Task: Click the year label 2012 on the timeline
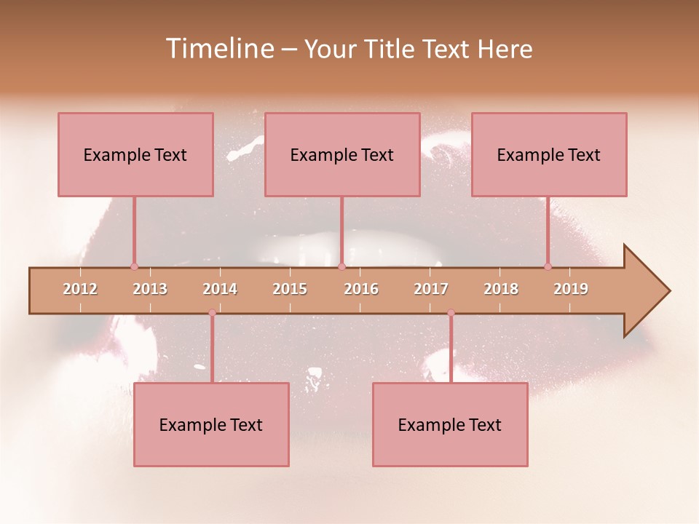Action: [x=80, y=289]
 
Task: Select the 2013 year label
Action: [x=150, y=289]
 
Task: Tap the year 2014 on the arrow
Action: [x=220, y=289]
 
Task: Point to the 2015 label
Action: [x=290, y=289]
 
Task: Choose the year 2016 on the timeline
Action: [x=361, y=289]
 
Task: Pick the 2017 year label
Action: [x=431, y=289]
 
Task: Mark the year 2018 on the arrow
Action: [x=501, y=289]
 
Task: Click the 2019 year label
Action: [x=571, y=289]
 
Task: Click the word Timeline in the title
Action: [x=219, y=49]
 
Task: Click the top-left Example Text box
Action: [x=135, y=154]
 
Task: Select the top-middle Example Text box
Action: [x=342, y=154]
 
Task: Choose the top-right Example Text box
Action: [x=549, y=154]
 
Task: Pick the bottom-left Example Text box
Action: [x=211, y=424]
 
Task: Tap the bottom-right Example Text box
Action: [x=450, y=424]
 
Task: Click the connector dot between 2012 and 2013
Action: [x=134, y=266]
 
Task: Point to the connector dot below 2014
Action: [x=212, y=313]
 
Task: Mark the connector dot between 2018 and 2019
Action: [x=548, y=266]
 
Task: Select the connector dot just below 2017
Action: [x=451, y=313]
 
